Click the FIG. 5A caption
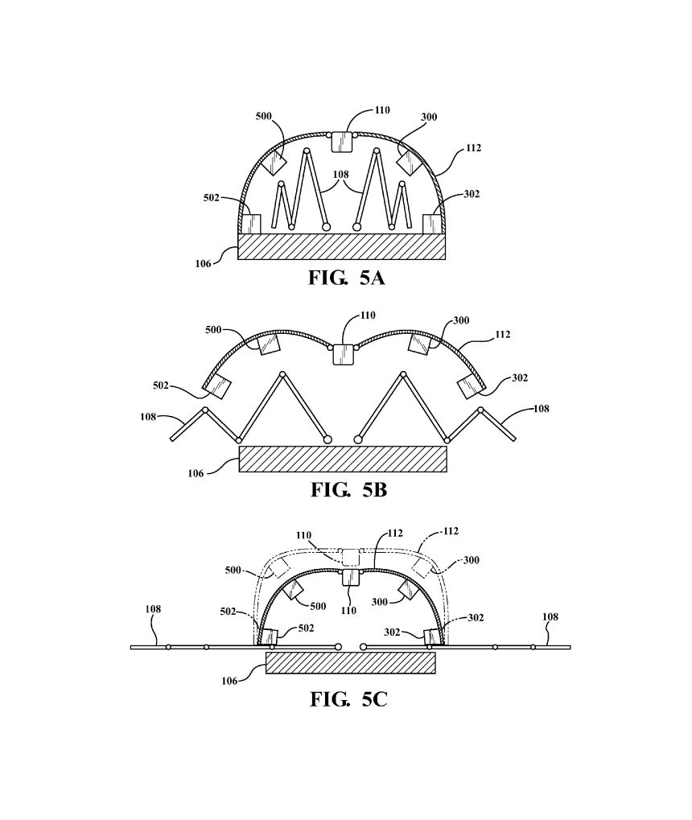click(x=346, y=278)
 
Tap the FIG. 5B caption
click(x=349, y=489)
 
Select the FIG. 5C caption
click(x=348, y=698)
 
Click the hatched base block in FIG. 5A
click(x=341, y=246)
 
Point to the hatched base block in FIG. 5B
click(x=343, y=459)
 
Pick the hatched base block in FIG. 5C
click(x=351, y=662)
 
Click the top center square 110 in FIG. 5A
click(x=342, y=142)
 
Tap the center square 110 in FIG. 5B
click(x=343, y=353)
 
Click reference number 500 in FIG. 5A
click(x=264, y=116)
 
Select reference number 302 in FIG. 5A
click(x=472, y=194)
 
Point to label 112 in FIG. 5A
click(x=473, y=148)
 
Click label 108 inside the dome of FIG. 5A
click(x=340, y=174)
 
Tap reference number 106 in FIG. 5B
click(x=196, y=473)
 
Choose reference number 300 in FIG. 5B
click(x=461, y=320)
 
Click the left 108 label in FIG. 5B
click(x=148, y=417)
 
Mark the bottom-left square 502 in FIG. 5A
click(x=250, y=224)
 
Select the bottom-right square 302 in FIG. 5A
click(x=433, y=224)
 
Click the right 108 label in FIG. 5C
click(x=550, y=616)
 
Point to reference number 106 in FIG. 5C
click(x=229, y=681)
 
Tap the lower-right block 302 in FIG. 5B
click(x=470, y=386)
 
